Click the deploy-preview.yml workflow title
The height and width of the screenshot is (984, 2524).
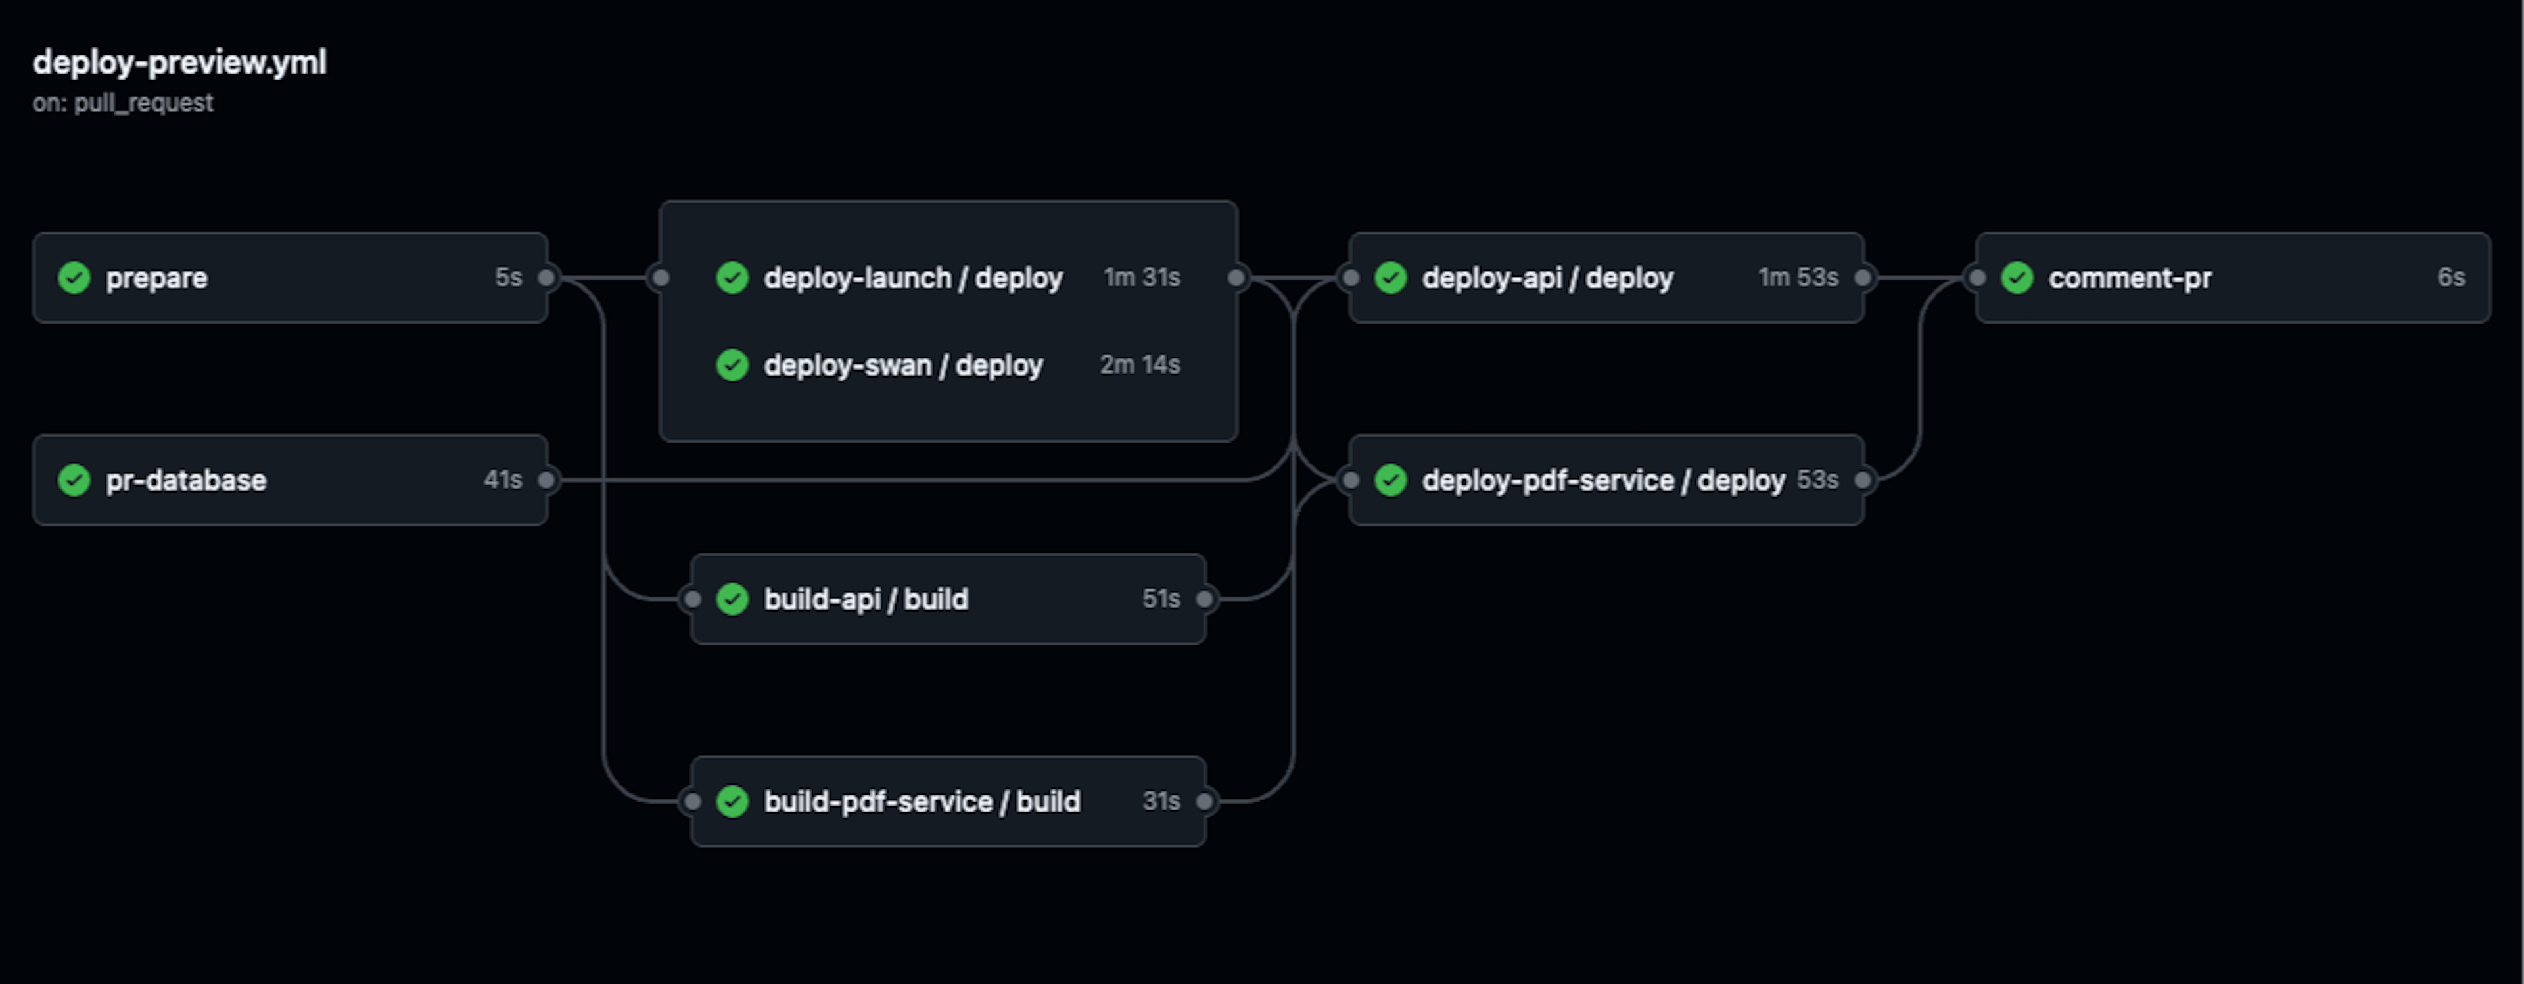coord(179,62)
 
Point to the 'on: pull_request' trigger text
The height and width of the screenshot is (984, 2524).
coord(122,103)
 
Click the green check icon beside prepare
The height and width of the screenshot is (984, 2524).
coord(74,278)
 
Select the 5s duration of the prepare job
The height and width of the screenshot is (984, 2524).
coord(507,278)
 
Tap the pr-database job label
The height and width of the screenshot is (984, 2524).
coord(186,480)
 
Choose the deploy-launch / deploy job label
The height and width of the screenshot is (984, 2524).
coord(913,278)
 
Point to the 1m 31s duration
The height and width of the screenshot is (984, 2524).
coord(1142,278)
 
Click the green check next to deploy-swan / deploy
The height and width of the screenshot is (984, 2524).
coord(732,366)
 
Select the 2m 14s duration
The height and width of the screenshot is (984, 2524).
coord(1140,364)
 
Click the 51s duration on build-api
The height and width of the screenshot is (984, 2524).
coord(1161,598)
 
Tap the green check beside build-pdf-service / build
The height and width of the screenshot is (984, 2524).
coord(732,802)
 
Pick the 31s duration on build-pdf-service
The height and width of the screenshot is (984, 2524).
coord(1161,800)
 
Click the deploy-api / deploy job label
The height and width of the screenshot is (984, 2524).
coord(1547,278)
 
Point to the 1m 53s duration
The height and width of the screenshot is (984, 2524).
coord(1798,278)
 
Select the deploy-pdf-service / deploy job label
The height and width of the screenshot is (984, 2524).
coord(1603,480)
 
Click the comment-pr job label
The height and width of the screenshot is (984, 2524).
coord(2129,278)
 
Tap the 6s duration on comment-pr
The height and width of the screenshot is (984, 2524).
coord(2450,278)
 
